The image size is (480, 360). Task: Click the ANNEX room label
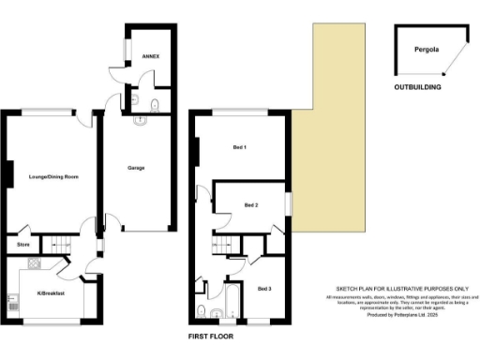pyautogui.click(x=150, y=57)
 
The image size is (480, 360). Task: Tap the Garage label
pyautogui.click(x=136, y=168)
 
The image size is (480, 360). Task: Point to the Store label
pyautogui.click(x=23, y=246)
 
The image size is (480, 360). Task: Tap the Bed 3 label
pyautogui.click(x=263, y=288)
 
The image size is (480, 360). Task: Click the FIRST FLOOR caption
pyautogui.click(x=209, y=335)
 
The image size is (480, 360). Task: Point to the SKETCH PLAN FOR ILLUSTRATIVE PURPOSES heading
pyautogui.click(x=400, y=290)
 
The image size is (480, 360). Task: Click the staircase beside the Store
pyautogui.click(x=58, y=245)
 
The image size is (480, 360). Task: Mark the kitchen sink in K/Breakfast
pyautogui.click(x=13, y=303)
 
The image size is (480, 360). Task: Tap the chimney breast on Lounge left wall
pyautogui.click(x=7, y=174)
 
